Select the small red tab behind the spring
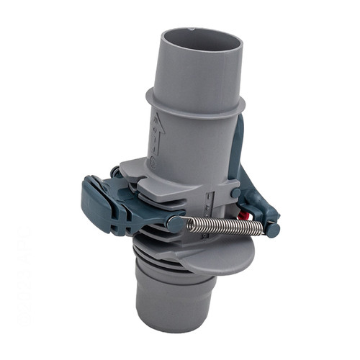click(244, 214)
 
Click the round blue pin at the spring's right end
click(272, 229)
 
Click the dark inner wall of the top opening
click(198, 40)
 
